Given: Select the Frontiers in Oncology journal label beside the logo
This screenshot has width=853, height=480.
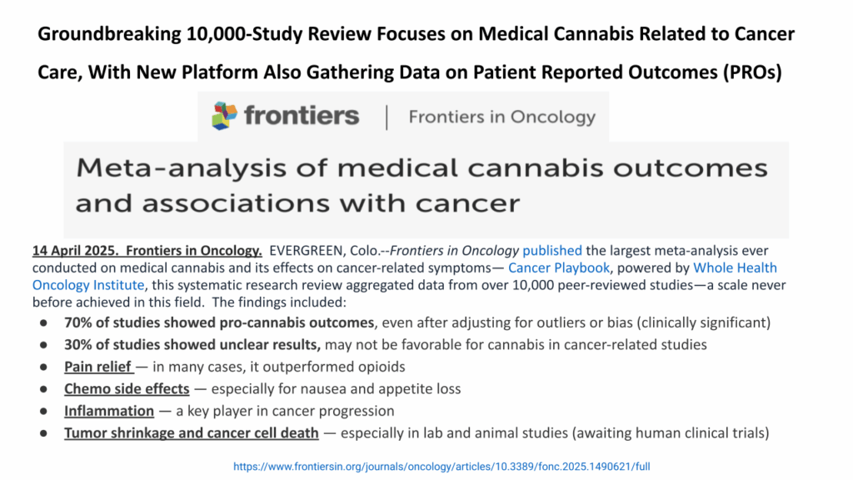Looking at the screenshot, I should [x=502, y=117].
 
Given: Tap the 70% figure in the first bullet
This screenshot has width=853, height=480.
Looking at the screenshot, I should [x=79, y=322].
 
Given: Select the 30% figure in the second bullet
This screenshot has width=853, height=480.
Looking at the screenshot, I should [x=79, y=344].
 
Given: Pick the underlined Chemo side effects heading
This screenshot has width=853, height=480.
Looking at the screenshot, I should [x=127, y=388].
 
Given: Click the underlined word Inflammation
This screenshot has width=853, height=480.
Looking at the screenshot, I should [x=109, y=411].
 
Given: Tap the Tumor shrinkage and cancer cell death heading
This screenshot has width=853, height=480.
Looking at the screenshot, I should [x=192, y=432].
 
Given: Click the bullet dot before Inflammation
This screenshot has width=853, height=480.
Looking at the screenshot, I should [x=43, y=411].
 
